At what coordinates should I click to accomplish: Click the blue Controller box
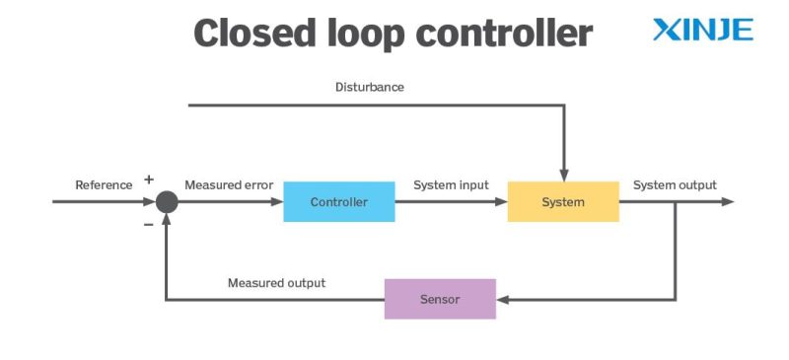[338, 202]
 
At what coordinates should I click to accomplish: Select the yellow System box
[563, 202]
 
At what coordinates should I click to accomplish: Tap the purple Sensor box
[440, 299]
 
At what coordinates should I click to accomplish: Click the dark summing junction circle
[167, 202]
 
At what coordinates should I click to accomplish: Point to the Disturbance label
[370, 87]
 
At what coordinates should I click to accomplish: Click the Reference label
[104, 184]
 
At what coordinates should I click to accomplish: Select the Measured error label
[228, 184]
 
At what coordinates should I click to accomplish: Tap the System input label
[451, 184]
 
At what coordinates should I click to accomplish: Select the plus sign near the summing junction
[149, 180]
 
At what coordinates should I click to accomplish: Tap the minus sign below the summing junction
[149, 224]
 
